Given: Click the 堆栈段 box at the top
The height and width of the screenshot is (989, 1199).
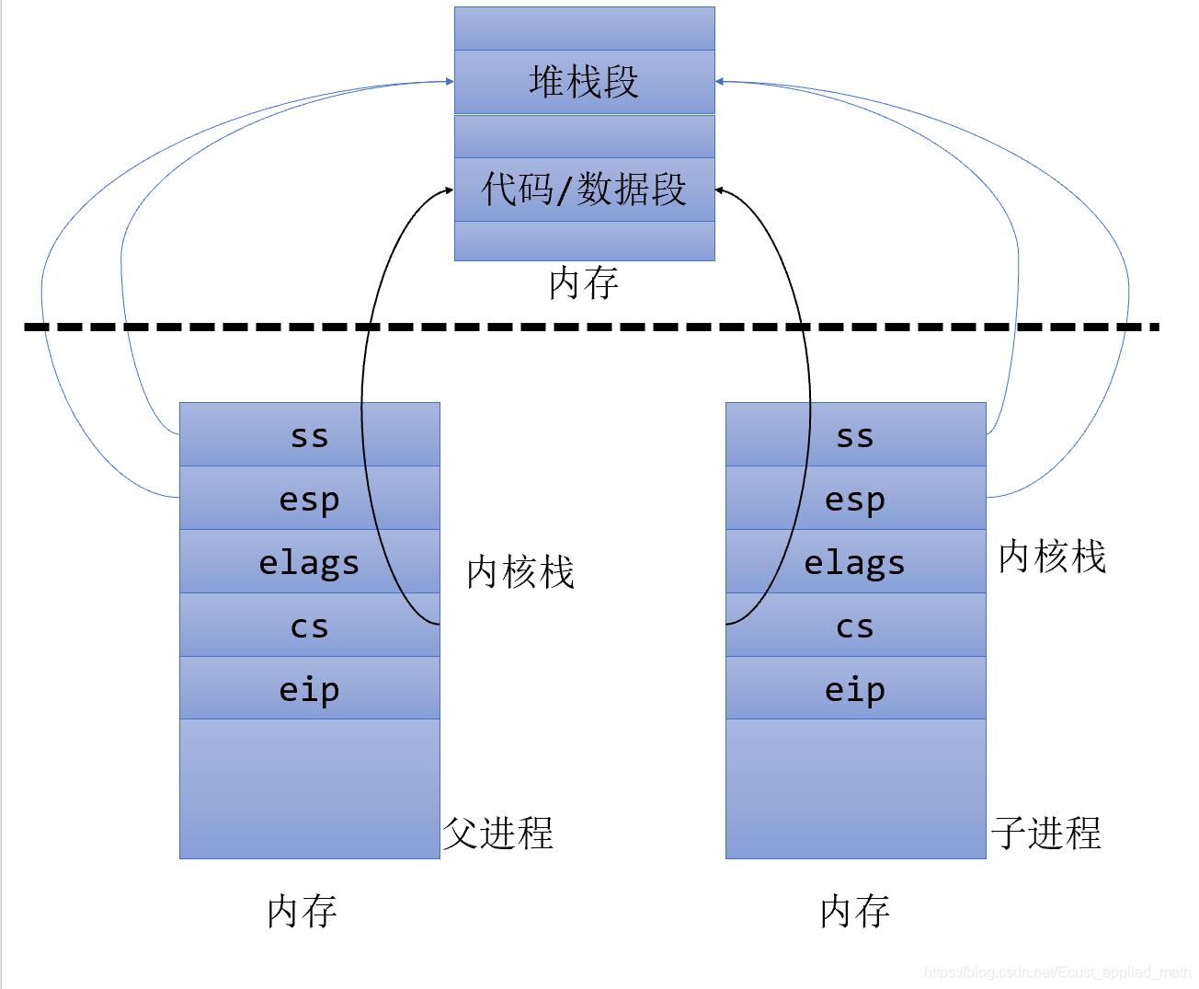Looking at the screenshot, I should click(x=584, y=82).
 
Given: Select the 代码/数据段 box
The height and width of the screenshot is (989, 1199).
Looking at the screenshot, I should click(x=584, y=190).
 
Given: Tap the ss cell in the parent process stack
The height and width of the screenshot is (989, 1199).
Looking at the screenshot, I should click(x=309, y=435).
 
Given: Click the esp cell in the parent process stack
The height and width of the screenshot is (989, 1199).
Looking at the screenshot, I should click(x=309, y=499).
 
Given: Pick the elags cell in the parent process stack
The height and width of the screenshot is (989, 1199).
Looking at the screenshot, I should click(x=309, y=562).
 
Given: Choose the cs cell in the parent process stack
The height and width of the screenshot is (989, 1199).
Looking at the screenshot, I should click(x=309, y=626).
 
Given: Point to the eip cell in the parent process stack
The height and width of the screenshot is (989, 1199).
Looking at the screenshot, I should click(x=309, y=688).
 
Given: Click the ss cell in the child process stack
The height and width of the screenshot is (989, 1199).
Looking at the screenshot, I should click(x=855, y=435).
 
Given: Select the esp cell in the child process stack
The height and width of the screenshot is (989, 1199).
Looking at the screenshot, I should click(x=855, y=499).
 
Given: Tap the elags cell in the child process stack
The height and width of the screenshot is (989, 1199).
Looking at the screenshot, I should click(x=855, y=562).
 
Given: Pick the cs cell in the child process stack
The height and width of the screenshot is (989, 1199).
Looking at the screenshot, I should click(x=855, y=626).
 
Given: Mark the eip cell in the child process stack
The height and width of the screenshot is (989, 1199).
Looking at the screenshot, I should click(x=855, y=688).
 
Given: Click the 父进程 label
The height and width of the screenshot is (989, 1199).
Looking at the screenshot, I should click(x=498, y=834).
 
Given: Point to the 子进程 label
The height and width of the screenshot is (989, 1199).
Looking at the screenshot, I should click(x=1046, y=834).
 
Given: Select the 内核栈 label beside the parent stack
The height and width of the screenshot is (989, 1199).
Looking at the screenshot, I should click(x=520, y=572).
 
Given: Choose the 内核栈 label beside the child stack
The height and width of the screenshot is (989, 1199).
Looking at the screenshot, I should click(x=1052, y=557).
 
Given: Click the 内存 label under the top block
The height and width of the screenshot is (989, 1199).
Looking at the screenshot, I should click(x=583, y=283).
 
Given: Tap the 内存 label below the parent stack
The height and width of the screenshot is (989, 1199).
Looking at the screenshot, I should click(x=302, y=912).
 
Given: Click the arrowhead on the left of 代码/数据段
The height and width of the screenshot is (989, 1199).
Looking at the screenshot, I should click(x=449, y=190).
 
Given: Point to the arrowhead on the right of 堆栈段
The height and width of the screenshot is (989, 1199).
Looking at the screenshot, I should click(x=720, y=82).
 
